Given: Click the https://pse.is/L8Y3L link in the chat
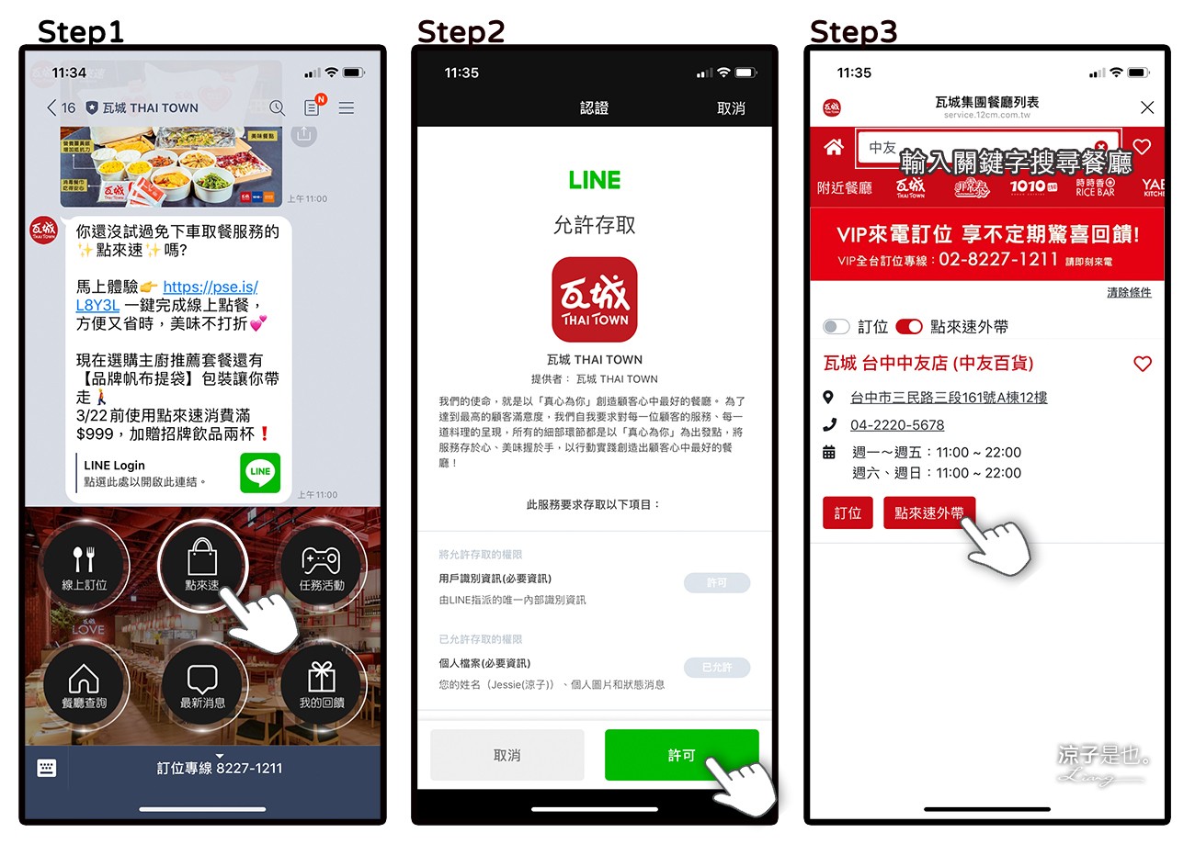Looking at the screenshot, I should click(210, 287).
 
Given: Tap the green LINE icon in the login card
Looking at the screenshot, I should click(260, 472).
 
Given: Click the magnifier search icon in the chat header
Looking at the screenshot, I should click(277, 108).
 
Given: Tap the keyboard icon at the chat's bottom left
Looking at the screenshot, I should click(47, 768).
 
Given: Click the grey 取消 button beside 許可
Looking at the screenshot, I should click(506, 755).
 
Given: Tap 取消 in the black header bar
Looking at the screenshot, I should click(731, 108).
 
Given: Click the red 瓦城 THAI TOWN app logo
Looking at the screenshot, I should click(594, 299).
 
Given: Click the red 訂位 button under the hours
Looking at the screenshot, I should click(848, 513).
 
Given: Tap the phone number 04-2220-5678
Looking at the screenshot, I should click(897, 425).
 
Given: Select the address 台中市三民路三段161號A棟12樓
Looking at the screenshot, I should click(949, 398).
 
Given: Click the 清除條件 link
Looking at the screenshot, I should click(1129, 292).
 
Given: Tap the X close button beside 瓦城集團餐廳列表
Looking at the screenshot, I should click(1146, 107).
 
